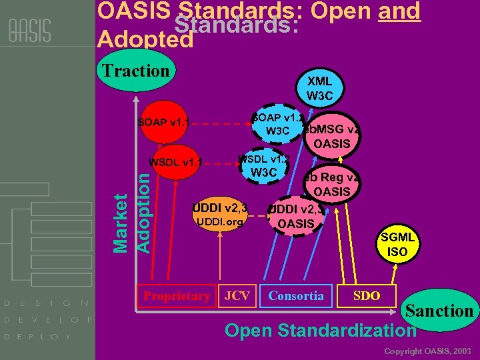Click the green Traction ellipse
133,71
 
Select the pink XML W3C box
320,88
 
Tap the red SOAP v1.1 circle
163,123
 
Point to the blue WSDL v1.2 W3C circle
263,167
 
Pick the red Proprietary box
177,296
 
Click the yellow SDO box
367,295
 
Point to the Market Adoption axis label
130,213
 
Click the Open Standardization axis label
320,330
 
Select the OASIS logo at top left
30,31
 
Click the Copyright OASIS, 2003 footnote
427,351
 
